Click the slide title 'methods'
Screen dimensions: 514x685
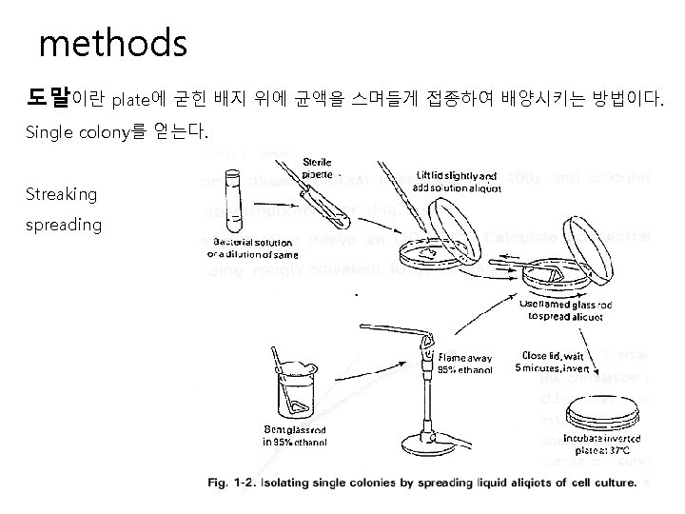(x=113, y=43)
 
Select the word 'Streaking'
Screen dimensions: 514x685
(x=62, y=194)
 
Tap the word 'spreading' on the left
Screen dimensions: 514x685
(x=65, y=225)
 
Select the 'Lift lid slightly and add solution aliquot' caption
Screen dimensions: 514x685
(x=457, y=181)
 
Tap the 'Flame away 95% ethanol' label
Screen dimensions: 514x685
(x=465, y=365)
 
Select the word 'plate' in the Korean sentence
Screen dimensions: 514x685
(x=132, y=98)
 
